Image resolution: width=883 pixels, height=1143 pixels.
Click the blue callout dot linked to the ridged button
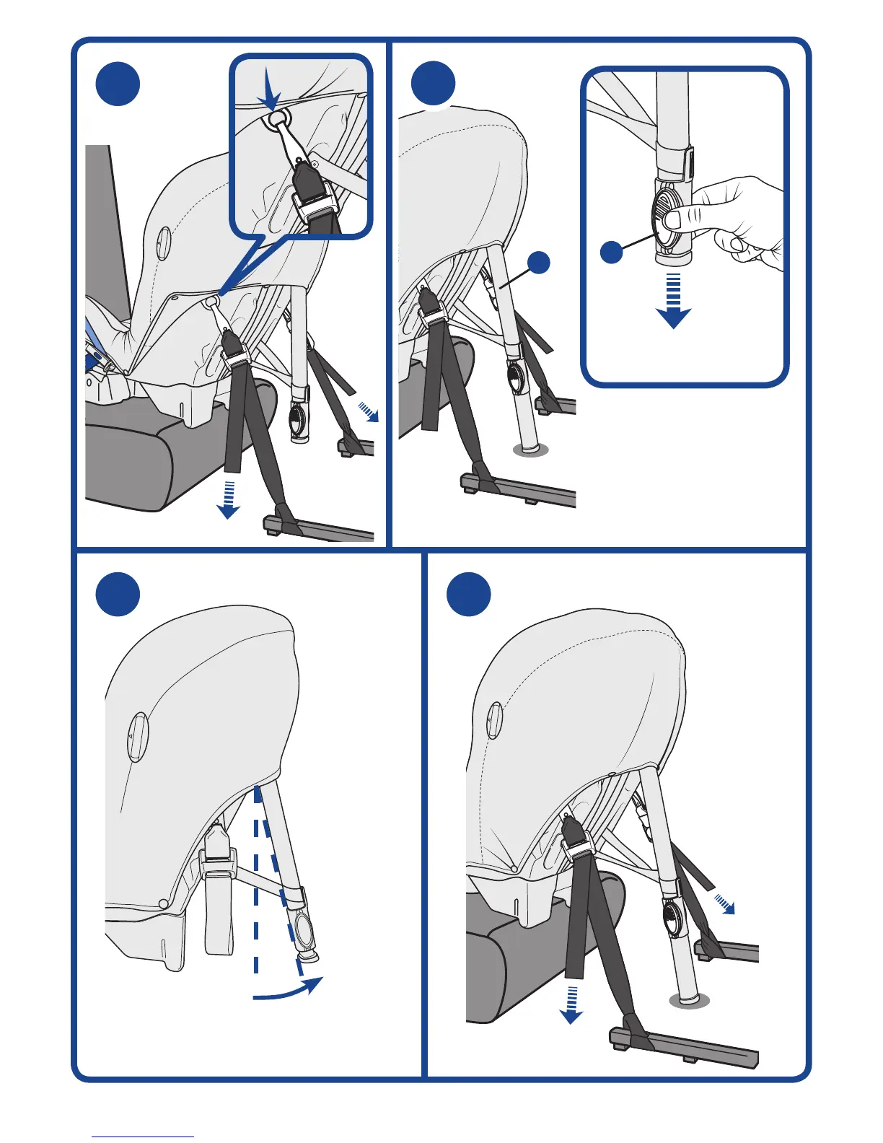tap(612, 253)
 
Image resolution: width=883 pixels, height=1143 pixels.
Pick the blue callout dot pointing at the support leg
tap(539, 263)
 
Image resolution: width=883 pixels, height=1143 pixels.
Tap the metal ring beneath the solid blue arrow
tap(276, 120)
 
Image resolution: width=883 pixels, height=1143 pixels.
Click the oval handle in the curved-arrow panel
tap(138, 736)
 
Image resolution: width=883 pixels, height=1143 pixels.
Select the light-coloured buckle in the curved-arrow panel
tap(219, 851)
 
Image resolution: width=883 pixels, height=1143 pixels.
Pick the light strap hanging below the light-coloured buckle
tap(219, 913)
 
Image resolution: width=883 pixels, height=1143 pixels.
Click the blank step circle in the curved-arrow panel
tap(118, 595)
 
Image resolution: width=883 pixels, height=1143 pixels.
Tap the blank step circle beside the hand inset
tap(433, 84)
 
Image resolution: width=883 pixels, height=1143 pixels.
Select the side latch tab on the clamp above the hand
tap(690, 162)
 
